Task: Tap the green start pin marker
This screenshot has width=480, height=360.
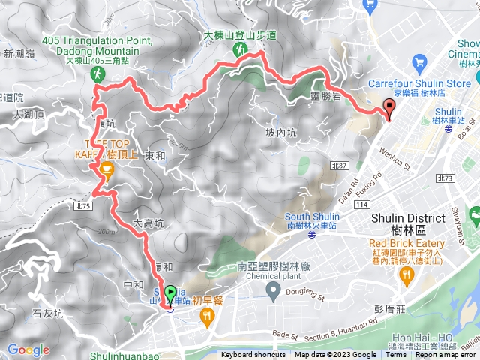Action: click(170, 295)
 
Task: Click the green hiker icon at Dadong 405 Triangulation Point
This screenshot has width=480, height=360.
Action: click(97, 73)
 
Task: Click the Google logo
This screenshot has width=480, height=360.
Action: click(28, 349)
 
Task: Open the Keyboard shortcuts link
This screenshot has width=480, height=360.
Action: click(253, 355)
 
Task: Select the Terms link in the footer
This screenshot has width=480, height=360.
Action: click(397, 355)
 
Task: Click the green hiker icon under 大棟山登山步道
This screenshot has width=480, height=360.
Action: click(240, 50)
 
